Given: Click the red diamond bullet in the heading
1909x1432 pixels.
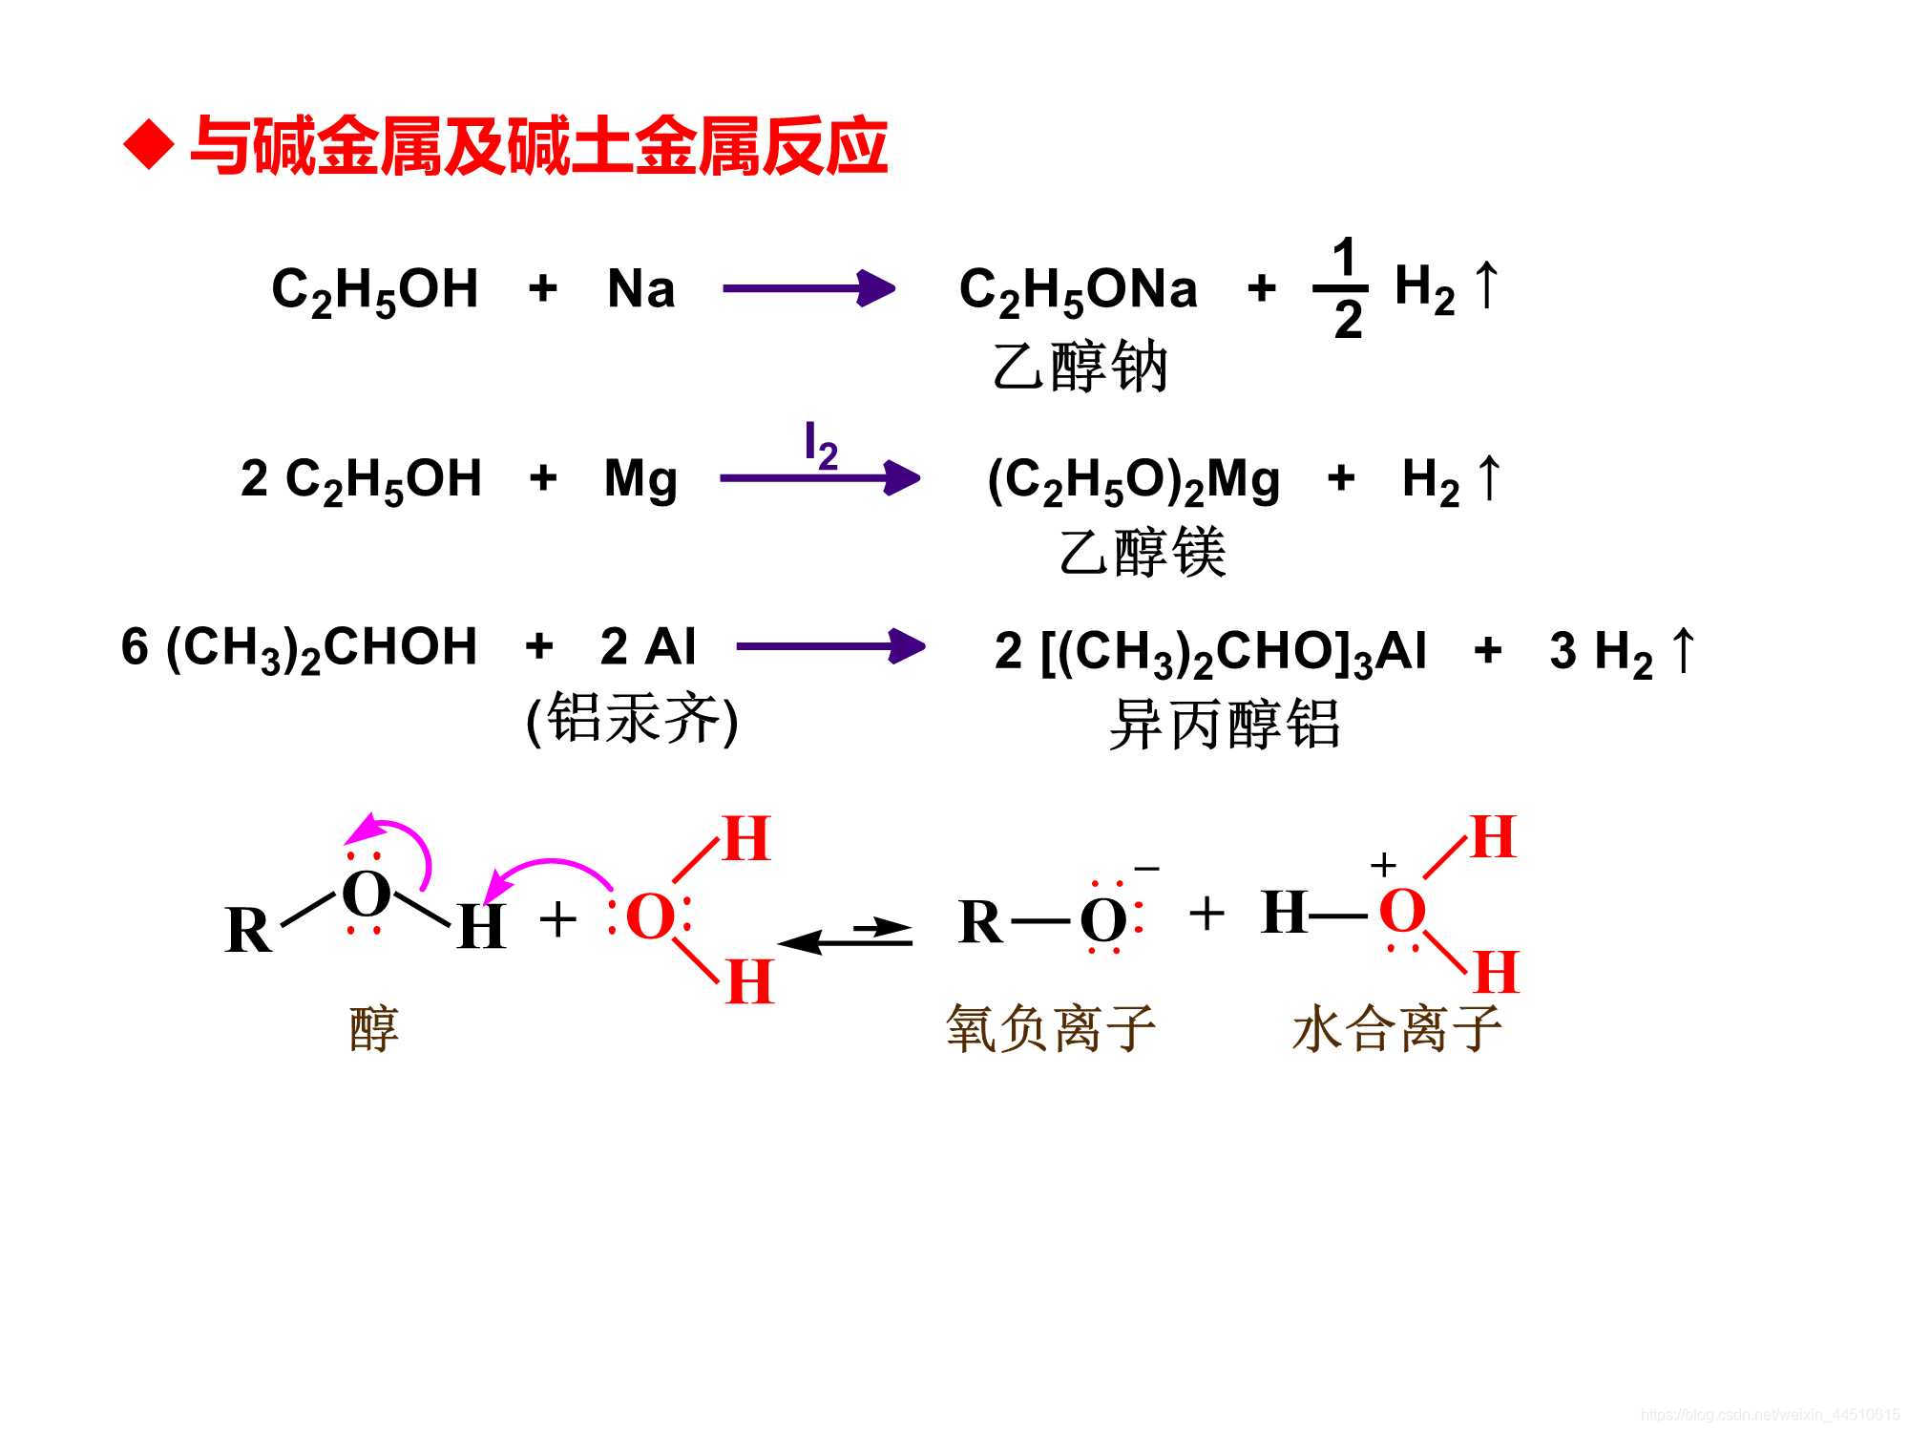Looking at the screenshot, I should (x=149, y=146).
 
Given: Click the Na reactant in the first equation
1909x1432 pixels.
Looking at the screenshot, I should (x=640, y=288).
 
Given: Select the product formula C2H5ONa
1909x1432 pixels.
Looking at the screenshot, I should (x=1078, y=290).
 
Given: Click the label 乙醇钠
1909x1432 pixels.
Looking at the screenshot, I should (x=1080, y=367).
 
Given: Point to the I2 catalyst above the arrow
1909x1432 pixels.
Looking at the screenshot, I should (x=820, y=445).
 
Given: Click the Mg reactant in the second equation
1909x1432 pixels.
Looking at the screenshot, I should (x=640, y=478).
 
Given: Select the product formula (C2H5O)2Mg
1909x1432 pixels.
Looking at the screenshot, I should (x=1133, y=481).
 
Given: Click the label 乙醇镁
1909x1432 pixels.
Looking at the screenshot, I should (x=1143, y=552).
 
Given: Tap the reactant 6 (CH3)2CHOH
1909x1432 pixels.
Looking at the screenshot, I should (x=299, y=648).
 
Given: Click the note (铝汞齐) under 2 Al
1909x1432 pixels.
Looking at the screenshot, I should (x=632, y=720).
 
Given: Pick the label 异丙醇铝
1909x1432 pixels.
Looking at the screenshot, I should (x=1225, y=724).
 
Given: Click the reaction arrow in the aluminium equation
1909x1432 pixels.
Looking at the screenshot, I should (x=830, y=646).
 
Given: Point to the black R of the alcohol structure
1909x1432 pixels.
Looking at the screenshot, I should (x=248, y=930).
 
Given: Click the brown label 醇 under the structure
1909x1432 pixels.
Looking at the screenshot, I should (x=374, y=1028).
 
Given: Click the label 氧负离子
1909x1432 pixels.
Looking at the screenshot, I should (x=1051, y=1028).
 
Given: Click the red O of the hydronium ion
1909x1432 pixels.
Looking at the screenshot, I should (x=1402, y=911).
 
